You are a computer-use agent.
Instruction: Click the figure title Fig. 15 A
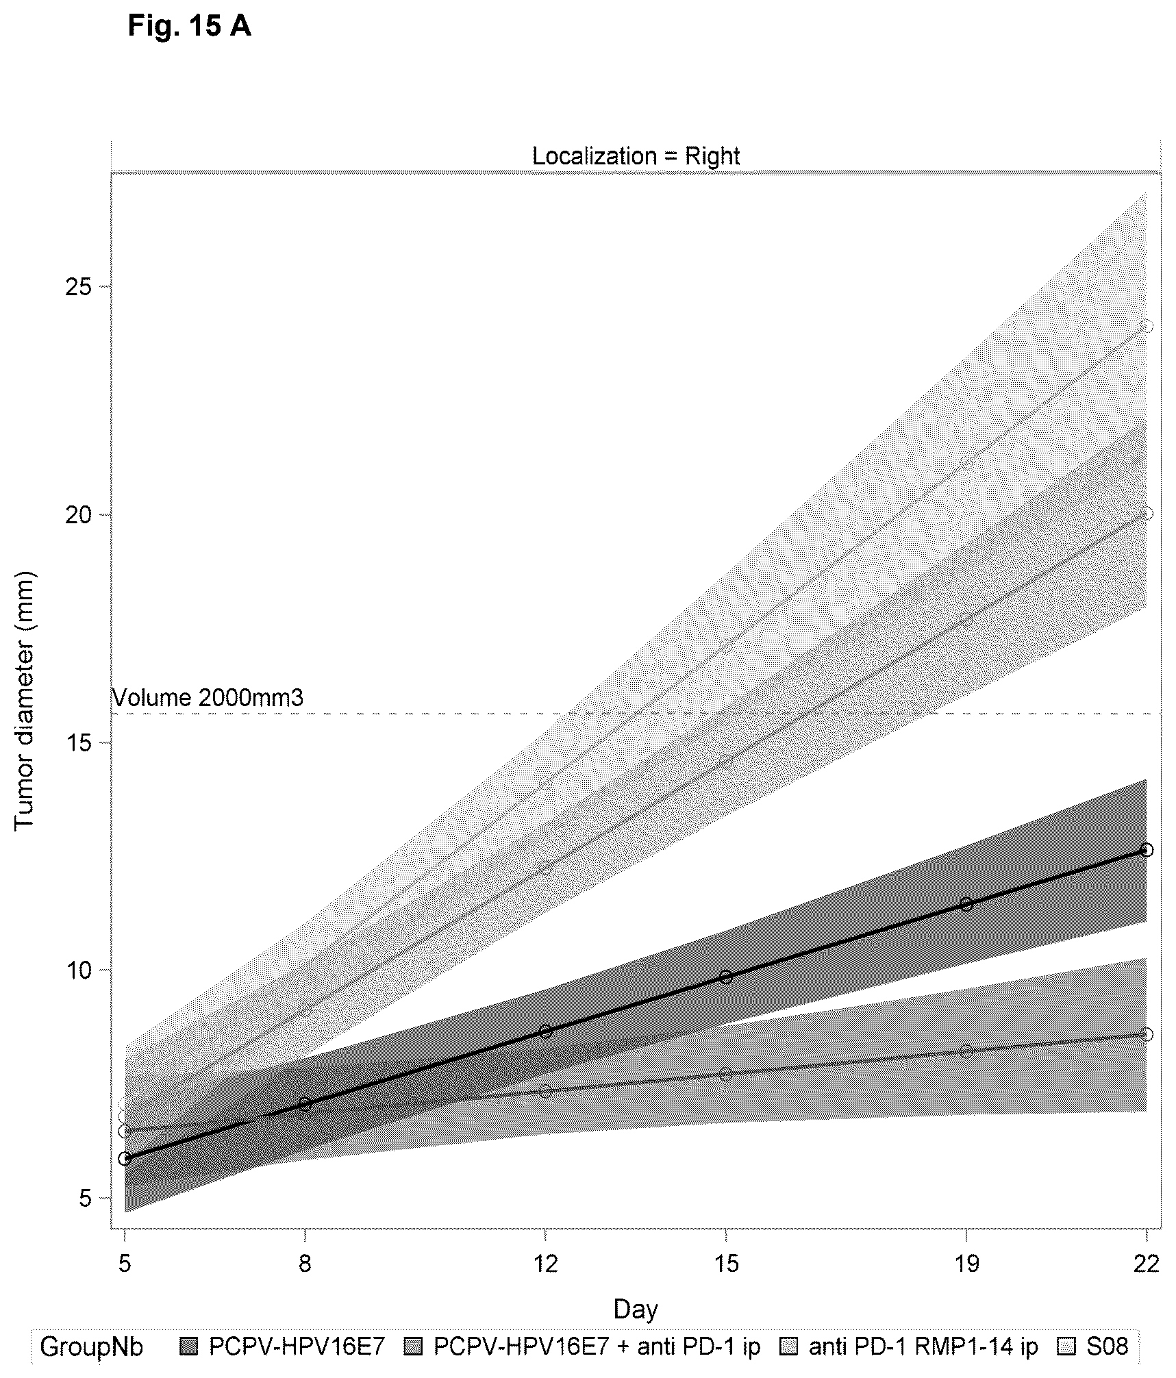pyautogui.click(x=189, y=26)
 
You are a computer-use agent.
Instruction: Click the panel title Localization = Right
pyautogui.click(x=636, y=156)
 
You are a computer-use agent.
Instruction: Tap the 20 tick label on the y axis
pyautogui.click(x=79, y=514)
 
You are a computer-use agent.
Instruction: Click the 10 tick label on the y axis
pyautogui.click(x=79, y=970)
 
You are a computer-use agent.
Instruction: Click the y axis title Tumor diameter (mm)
pyautogui.click(x=25, y=700)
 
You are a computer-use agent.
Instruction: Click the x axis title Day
pyautogui.click(x=636, y=1309)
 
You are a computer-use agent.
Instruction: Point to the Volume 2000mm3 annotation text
pyautogui.click(x=208, y=698)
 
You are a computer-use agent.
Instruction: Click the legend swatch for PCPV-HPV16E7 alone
pyautogui.click(x=189, y=1346)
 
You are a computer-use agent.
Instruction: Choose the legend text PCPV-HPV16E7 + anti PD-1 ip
pyautogui.click(x=597, y=1346)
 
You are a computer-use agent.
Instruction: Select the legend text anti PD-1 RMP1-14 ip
pyautogui.click(x=923, y=1346)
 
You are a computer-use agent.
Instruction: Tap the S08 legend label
pyautogui.click(x=1108, y=1346)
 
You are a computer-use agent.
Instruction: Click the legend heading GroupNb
pyautogui.click(x=92, y=1346)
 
